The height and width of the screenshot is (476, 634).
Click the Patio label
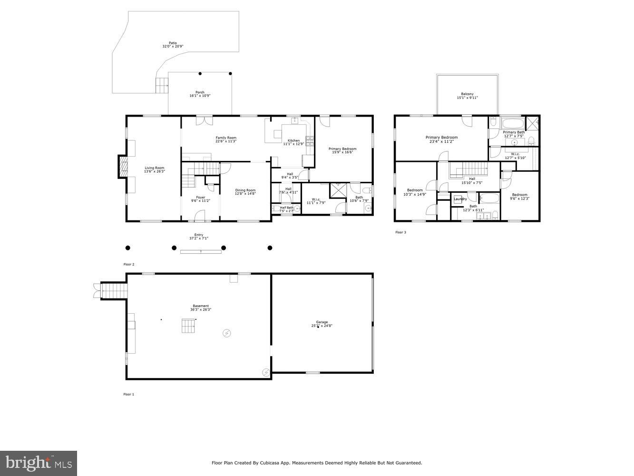pos(172,43)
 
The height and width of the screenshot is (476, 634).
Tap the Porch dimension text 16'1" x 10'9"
pos(200,96)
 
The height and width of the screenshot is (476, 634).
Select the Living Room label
pos(155,168)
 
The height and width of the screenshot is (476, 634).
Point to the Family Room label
pos(225,138)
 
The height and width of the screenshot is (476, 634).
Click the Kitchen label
pos(293,140)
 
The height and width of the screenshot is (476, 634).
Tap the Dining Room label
pos(245,190)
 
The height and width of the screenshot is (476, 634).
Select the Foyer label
pos(201,198)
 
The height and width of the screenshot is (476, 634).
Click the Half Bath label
pos(286,208)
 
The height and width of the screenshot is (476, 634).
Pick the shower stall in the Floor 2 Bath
pos(339,190)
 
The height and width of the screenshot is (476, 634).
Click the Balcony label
pos(467,94)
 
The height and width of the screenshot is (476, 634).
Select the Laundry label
pos(460,199)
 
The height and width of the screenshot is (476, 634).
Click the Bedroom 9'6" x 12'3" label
pos(519,195)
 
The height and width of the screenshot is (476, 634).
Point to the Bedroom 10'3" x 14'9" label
pos(414,190)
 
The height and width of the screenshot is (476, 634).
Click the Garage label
pos(322,322)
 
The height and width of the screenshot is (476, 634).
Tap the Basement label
pos(200,306)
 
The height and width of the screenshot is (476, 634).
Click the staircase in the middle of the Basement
pos(188,326)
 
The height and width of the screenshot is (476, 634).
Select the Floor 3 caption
pos(400,232)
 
